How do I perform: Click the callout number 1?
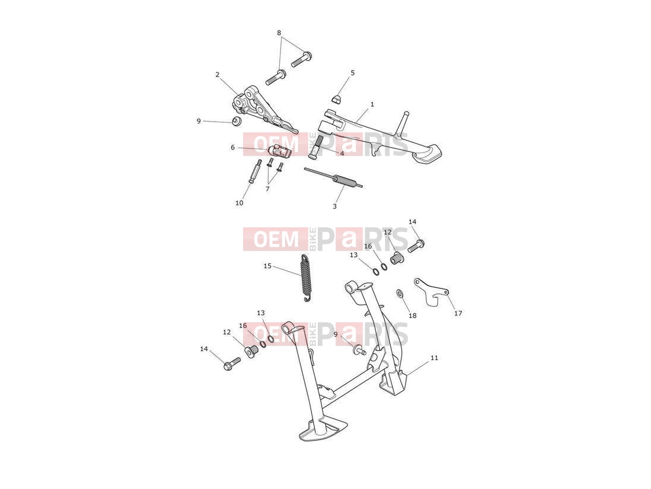[x=372, y=104]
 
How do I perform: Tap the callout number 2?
[x=217, y=75]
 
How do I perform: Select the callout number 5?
[x=353, y=73]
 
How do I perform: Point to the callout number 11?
[x=434, y=358]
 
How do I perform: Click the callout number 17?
[x=458, y=313]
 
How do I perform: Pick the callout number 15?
[x=267, y=266]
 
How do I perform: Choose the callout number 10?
[x=239, y=203]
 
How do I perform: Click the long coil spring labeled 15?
[x=305, y=278]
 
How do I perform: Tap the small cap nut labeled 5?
[x=337, y=99]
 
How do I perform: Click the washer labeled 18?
[x=400, y=293]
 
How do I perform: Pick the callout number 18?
[x=412, y=316]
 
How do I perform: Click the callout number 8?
[x=279, y=33]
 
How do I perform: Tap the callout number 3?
[x=334, y=207]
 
